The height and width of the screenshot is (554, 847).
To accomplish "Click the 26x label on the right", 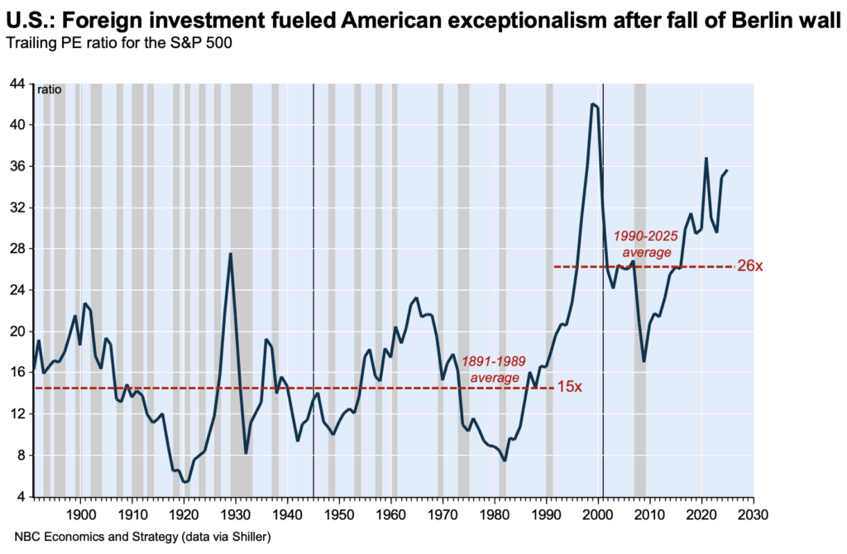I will pos(749,267).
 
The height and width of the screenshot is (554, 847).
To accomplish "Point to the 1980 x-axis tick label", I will pos(495,513).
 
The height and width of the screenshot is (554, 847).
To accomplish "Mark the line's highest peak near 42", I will pos(592,104).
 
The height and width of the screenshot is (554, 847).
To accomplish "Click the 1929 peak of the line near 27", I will pos(230,254).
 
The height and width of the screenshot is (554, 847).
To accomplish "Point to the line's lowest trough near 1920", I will pos(184,481).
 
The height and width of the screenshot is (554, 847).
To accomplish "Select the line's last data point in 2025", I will pos(727,170).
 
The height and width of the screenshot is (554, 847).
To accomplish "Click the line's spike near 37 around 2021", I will pos(706,158).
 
